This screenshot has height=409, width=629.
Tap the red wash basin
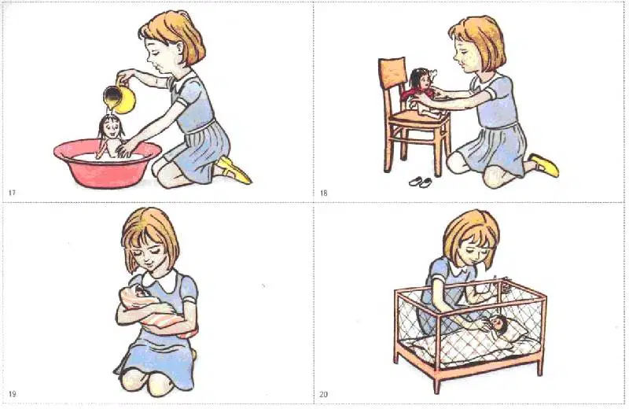[x=107, y=164]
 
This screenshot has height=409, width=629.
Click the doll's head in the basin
[x=109, y=126]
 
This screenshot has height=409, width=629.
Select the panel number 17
[x=12, y=193]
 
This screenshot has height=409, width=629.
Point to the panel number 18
[x=324, y=193]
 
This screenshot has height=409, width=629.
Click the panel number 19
[x=12, y=394]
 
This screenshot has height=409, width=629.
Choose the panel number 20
[x=324, y=394]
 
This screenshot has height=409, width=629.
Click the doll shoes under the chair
[x=421, y=182]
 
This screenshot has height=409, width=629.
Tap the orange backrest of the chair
[x=392, y=72]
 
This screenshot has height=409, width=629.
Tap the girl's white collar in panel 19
[x=160, y=280]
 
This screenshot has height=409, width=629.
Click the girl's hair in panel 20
[x=471, y=233]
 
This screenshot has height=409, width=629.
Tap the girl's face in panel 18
[x=464, y=52]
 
